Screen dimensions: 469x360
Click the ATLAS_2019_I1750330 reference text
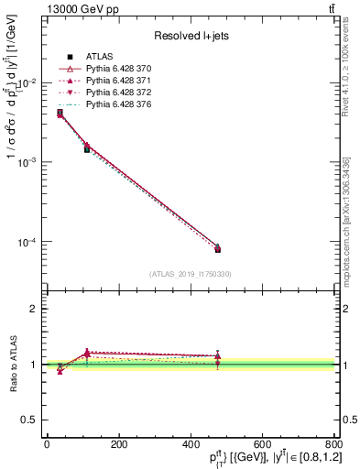point(191,274)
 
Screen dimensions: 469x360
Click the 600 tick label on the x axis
point(261,446)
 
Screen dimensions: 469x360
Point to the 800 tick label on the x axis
point(333,446)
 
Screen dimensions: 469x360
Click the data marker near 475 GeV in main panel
point(217,249)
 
